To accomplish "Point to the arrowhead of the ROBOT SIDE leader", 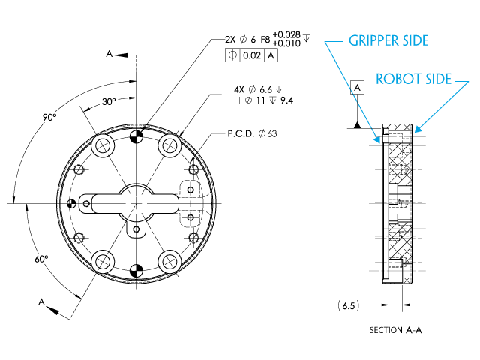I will click(417, 130).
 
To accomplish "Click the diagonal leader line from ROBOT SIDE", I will click(442, 106).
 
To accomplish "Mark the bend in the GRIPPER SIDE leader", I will click(325, 42).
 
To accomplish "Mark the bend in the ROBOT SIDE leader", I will click(469, 81).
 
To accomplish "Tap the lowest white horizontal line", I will click(397, 270).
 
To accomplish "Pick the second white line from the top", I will click(397, 145).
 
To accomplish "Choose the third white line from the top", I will click(398, 170).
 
